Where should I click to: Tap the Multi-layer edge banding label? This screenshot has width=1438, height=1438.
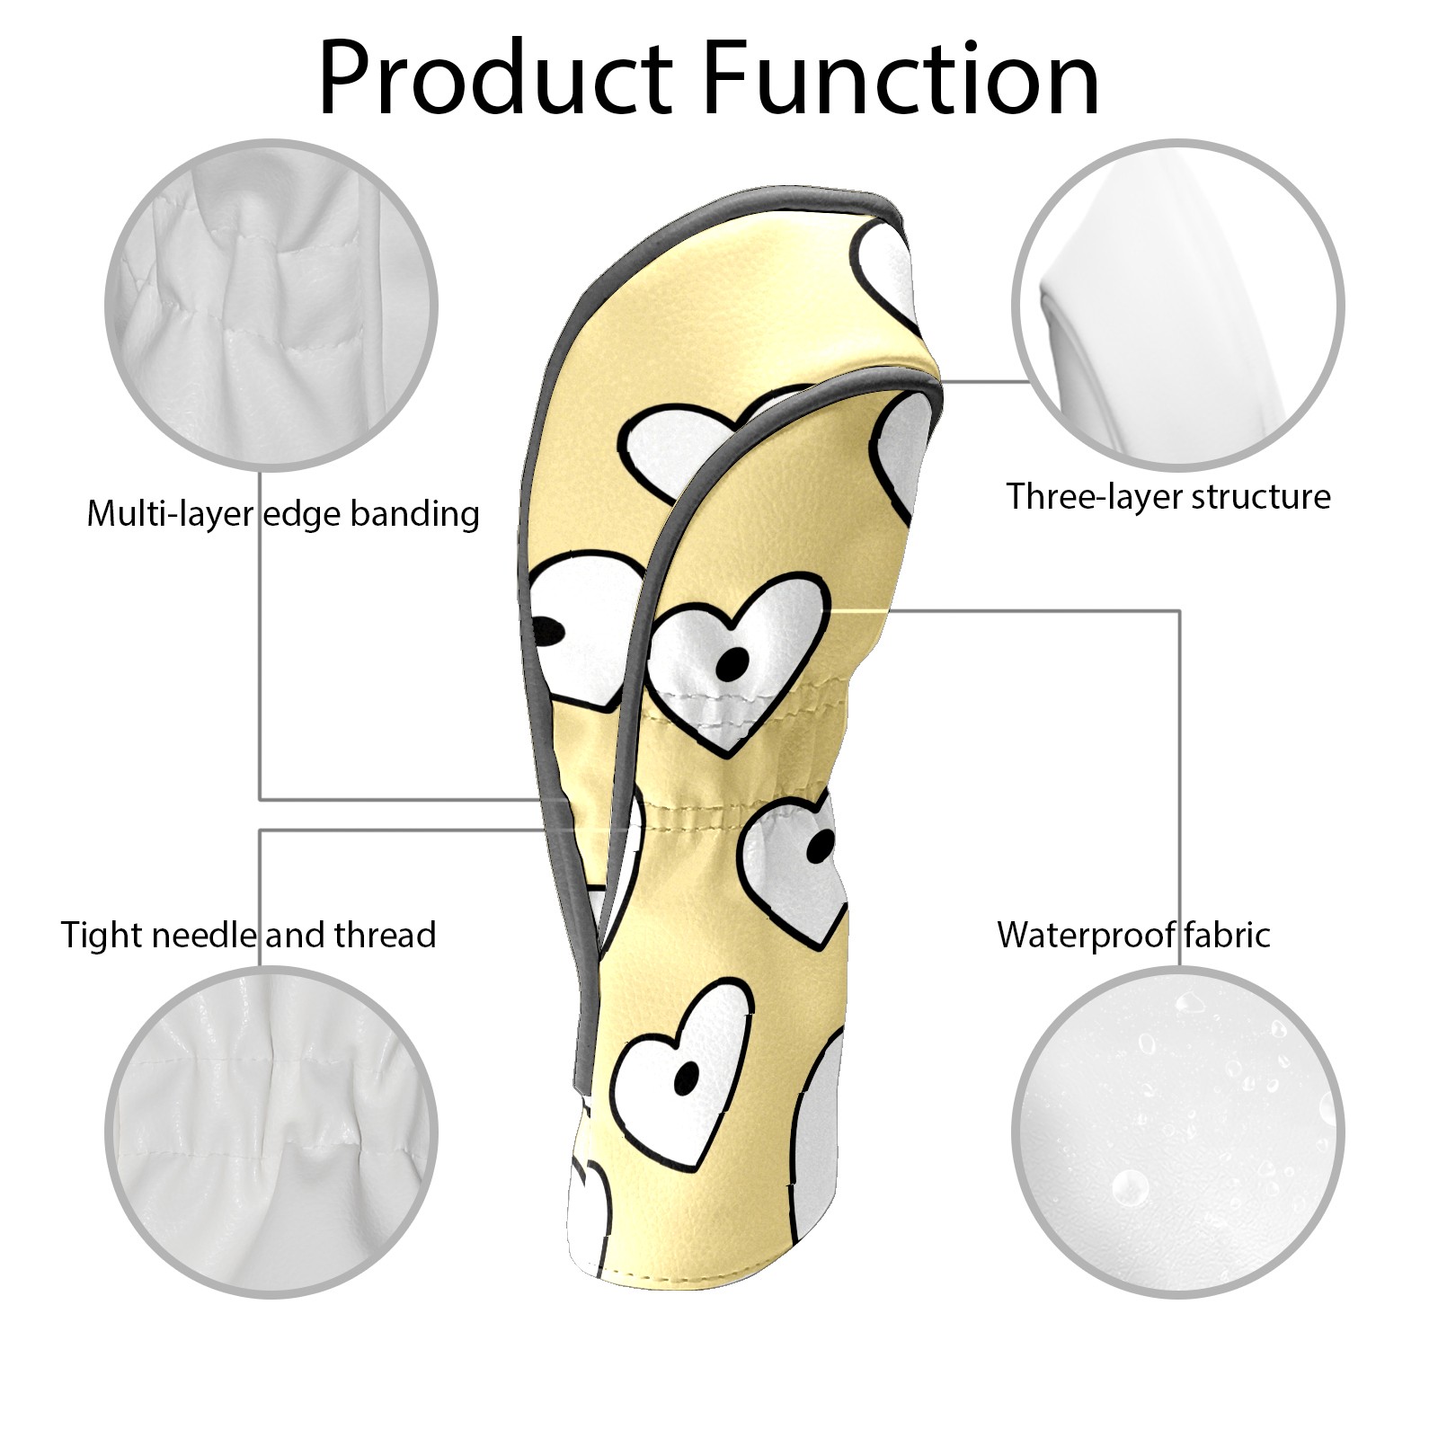[282, 514]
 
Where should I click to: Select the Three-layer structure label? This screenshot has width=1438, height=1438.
[1167, 496]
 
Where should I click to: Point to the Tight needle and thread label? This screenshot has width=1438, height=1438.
[248, 935]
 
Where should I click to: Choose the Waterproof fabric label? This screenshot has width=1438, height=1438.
[1133, 935]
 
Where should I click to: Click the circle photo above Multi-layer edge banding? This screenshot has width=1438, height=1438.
[271, 305]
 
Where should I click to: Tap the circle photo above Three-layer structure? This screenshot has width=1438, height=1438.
[1177, 305]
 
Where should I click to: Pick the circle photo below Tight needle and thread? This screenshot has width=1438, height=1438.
[271, 1133]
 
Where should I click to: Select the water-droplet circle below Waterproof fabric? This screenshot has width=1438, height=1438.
[1177, 1133]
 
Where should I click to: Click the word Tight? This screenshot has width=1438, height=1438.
[101, 935]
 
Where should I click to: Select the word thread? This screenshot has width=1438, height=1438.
[385, 935]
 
